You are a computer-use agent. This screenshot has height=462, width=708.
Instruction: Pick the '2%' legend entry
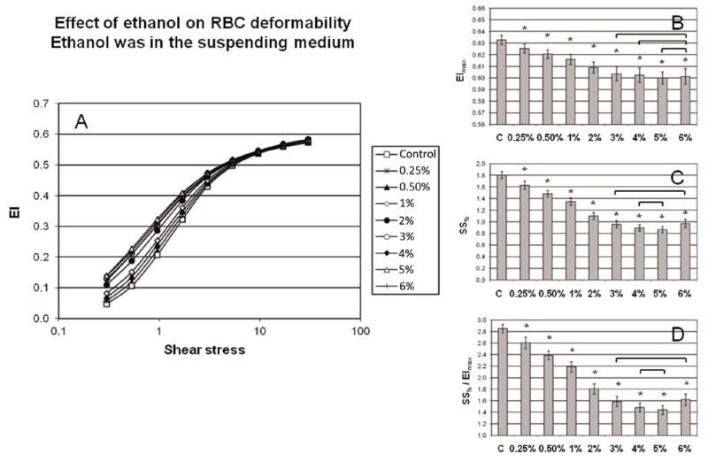click(396, 215)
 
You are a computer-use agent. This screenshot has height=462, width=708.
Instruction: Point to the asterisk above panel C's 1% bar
click(570, 191)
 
